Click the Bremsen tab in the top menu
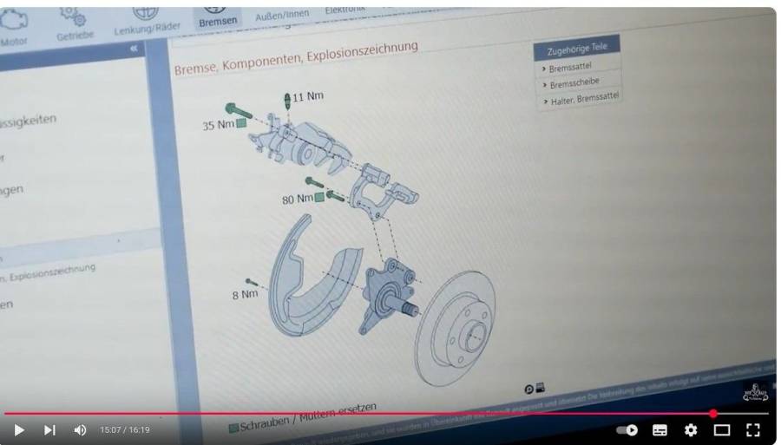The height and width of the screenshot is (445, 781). (x=217, y=21)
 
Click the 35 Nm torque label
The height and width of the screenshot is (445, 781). (x=218, y=125)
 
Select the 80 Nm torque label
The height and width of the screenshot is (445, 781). (x=297, y=199)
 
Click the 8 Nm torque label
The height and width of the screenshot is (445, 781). (x=244, y=294)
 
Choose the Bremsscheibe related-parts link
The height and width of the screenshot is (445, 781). (x=575, y=82)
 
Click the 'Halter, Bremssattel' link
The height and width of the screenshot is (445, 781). (x=584, y=98)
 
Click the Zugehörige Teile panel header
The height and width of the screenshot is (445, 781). (x=577, y=49)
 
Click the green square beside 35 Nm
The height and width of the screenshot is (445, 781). (x=241, y=123)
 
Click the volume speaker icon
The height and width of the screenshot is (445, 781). (x=81, y=429)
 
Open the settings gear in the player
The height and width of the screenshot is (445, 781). (x=691, y=429)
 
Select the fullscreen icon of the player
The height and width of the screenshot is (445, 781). (x=753, y=429)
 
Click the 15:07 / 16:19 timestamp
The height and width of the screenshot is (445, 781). (x=125, y=429)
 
